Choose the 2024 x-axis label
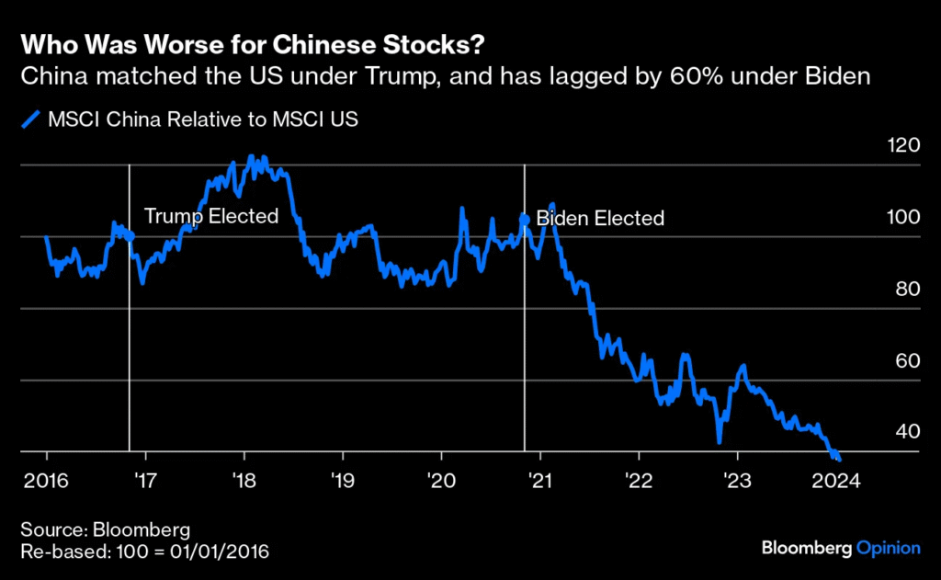coord(835,481)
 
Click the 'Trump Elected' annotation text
coord(210,216)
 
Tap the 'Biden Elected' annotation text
coord(599,219)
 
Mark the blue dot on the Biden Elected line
coord(525,219)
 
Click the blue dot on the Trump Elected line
coord(129,236)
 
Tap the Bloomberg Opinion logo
coord(840,549)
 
